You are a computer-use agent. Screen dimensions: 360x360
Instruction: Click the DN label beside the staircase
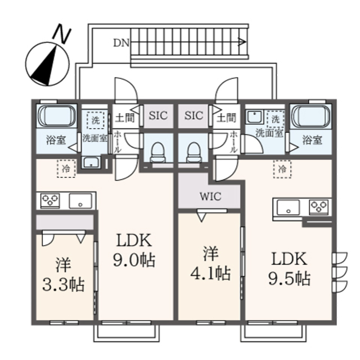point(121,43)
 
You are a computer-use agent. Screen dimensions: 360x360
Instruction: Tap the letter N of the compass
point(62,34)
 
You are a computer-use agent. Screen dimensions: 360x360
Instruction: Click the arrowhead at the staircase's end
point(242,42)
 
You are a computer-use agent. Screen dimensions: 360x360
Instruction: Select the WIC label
point(210,196)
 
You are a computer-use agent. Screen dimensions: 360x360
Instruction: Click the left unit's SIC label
point(158,115)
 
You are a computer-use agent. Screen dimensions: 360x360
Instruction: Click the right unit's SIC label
point(193,115)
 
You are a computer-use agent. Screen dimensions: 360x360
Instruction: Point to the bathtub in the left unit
point(57,116)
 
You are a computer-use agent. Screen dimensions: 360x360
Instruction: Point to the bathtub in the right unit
point(312,116)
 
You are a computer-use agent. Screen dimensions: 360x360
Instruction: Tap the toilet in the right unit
point(194,152)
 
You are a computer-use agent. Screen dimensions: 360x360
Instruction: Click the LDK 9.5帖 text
point(290,268)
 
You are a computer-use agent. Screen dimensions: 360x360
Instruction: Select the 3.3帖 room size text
point(64,285)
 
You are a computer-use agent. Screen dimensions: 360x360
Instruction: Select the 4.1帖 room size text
point(210,273)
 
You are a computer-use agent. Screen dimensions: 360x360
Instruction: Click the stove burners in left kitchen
point(50,201)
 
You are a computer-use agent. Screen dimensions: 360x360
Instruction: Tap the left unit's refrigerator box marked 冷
point(66,169)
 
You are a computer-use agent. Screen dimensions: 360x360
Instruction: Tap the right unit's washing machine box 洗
point(276,119)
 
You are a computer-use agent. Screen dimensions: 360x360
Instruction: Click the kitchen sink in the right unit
point(289,207)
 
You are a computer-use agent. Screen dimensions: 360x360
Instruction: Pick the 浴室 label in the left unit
point(56,140)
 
